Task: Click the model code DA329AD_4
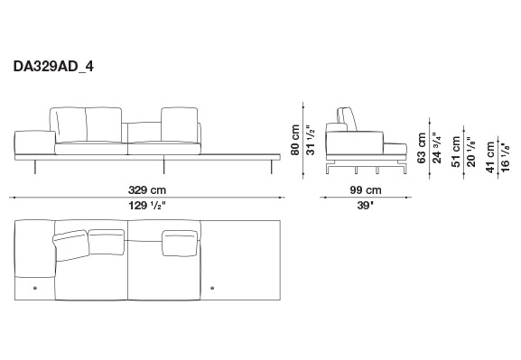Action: tap(53, 67)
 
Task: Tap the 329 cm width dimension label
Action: tap(147, 190)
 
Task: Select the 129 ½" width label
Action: tap(147, 206)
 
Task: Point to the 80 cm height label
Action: tap(295, 140)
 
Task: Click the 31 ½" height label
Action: tap(311, 140)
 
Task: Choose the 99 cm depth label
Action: tap(366, 190)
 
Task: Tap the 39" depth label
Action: tap(366, 206)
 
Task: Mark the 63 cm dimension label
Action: tap(422, 148)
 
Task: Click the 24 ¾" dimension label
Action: tap(437, 148)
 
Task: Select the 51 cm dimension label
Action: tap(456, 152)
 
